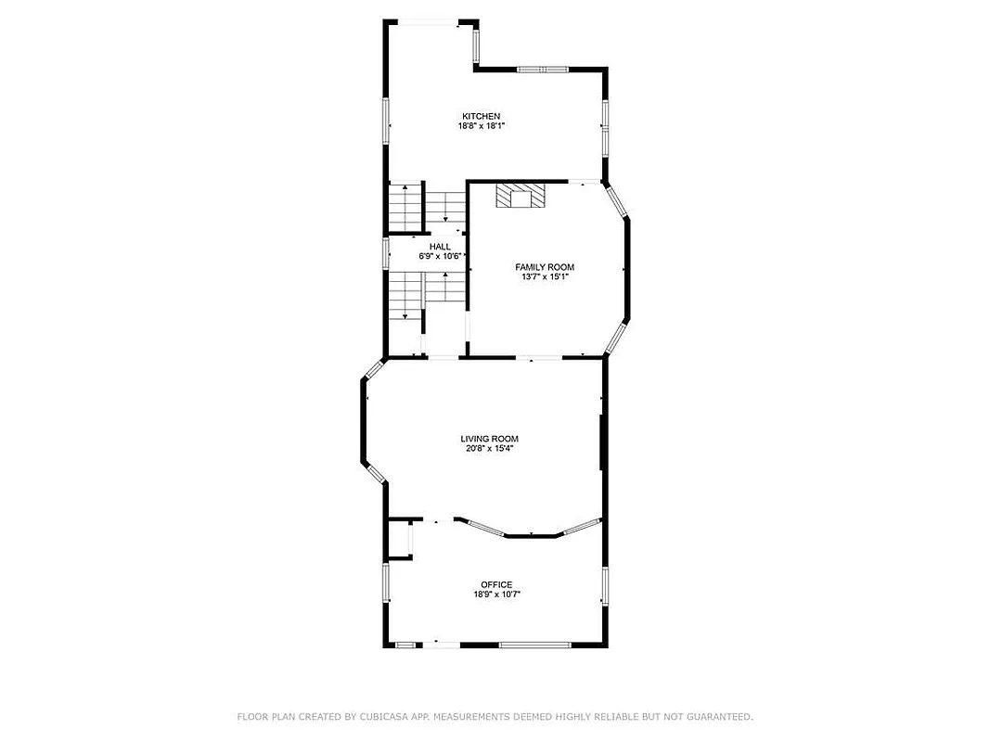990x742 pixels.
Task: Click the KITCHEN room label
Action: tap(481, 116)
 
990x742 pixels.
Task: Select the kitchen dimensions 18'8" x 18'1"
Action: tap(481, 126)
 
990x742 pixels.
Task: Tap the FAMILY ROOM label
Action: tap(545, 267)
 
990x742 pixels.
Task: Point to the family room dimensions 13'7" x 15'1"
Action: tap(545, 276)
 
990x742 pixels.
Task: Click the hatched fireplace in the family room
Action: tap(520, 196)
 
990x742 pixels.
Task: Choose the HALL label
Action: tap(440, 246)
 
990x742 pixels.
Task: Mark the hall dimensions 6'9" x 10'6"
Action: tap(442, 255)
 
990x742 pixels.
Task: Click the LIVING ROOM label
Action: tap(489, 439)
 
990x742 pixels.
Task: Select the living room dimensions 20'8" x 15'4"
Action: tap(489, 449)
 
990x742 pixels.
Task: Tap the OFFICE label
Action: tap(496, 584)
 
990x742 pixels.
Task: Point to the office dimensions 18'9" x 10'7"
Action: tap(496, 595)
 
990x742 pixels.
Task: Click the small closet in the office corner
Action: tap(400, 539)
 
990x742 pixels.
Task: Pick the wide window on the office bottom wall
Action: tap(535, 645)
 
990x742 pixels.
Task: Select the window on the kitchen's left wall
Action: tap(387, 121)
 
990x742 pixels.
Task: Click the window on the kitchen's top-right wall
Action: tap(542, 69)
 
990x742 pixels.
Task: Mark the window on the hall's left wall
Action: tap(386, 252)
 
